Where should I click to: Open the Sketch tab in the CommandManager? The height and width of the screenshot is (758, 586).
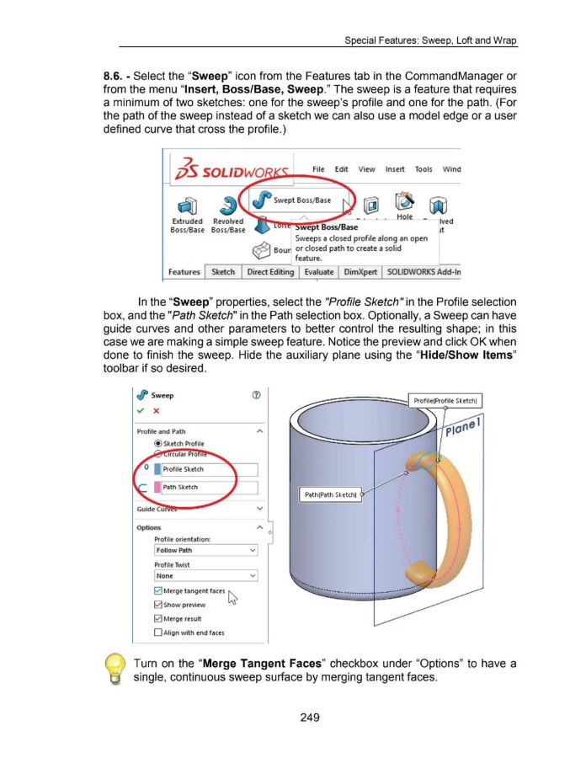tap(223, 272)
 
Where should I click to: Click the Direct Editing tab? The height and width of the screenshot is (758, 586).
tap(270, 272)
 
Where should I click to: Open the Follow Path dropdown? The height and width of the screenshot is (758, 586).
tap(205, 551)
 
